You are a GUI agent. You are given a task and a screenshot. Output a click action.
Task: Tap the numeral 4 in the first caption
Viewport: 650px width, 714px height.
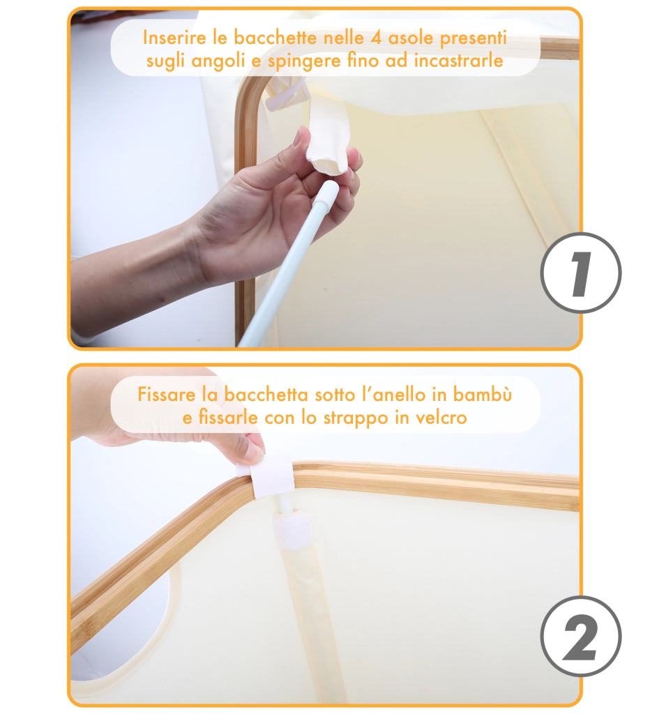pos(376,38)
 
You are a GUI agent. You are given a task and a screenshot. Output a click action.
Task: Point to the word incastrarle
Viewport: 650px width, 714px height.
pos(458,60)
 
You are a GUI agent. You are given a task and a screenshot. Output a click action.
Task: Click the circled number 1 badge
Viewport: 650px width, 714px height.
pos(581,273)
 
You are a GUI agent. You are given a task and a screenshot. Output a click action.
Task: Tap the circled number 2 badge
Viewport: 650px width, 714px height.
pos(581,636)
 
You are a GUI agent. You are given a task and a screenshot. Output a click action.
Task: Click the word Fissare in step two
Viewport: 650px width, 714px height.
pos(167,395)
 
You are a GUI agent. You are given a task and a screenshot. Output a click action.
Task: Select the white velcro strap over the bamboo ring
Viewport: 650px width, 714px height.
pos(271,478)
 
